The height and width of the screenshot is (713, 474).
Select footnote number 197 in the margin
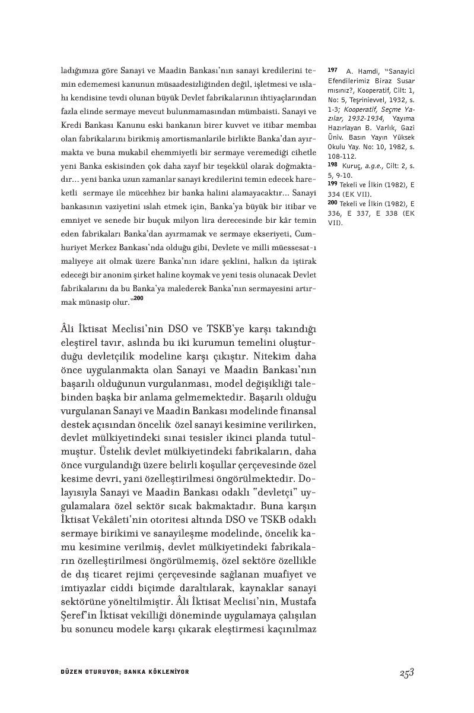(332, 70)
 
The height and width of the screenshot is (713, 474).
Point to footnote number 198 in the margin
(332, 163)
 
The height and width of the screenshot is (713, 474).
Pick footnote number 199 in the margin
(332, 184)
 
